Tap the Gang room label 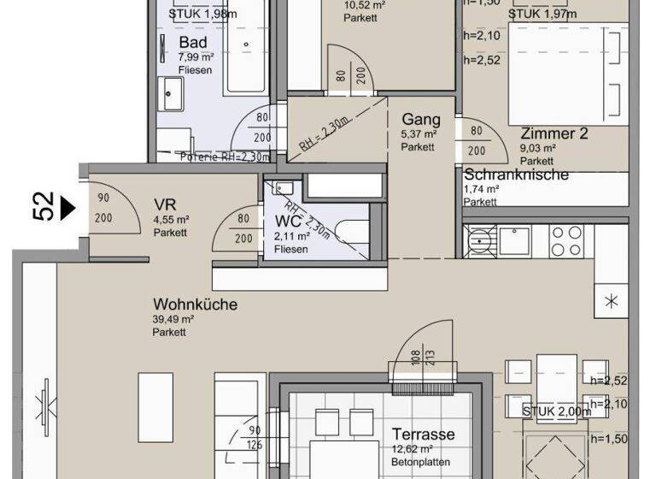[x=419, y=119]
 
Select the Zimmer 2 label [x=554, y=133]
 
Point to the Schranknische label [x=516, y=174]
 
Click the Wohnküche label [x=196, y=305]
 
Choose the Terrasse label [x=423, y=435]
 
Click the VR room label [x=164, y=204]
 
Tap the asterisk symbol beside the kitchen [x=611, y=301]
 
